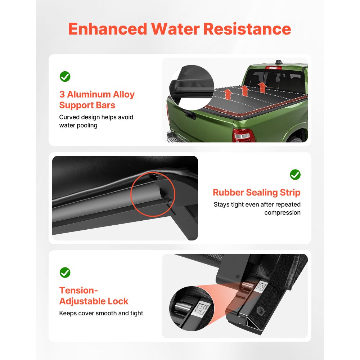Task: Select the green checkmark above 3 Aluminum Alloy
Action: pyautogui.click(x=65, y=76)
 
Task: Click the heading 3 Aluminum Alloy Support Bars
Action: pyautogui.click(x=96, y=100)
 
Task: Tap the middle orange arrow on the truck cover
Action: pyautogui.click(x=245, y=91)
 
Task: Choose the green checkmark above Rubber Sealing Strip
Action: pyautogui.click(x=295, y=175)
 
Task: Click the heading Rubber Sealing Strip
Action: pyautogui.click(x=256, y=193)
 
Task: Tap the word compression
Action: pyautogui.click(x=282, y=212)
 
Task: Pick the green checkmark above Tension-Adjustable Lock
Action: pyautogui.click(x=65, y=273)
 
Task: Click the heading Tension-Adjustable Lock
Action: pyautogui.click(x=94, y=296)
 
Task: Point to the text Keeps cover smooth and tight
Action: pyautogui.click(x=101, y=313)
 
